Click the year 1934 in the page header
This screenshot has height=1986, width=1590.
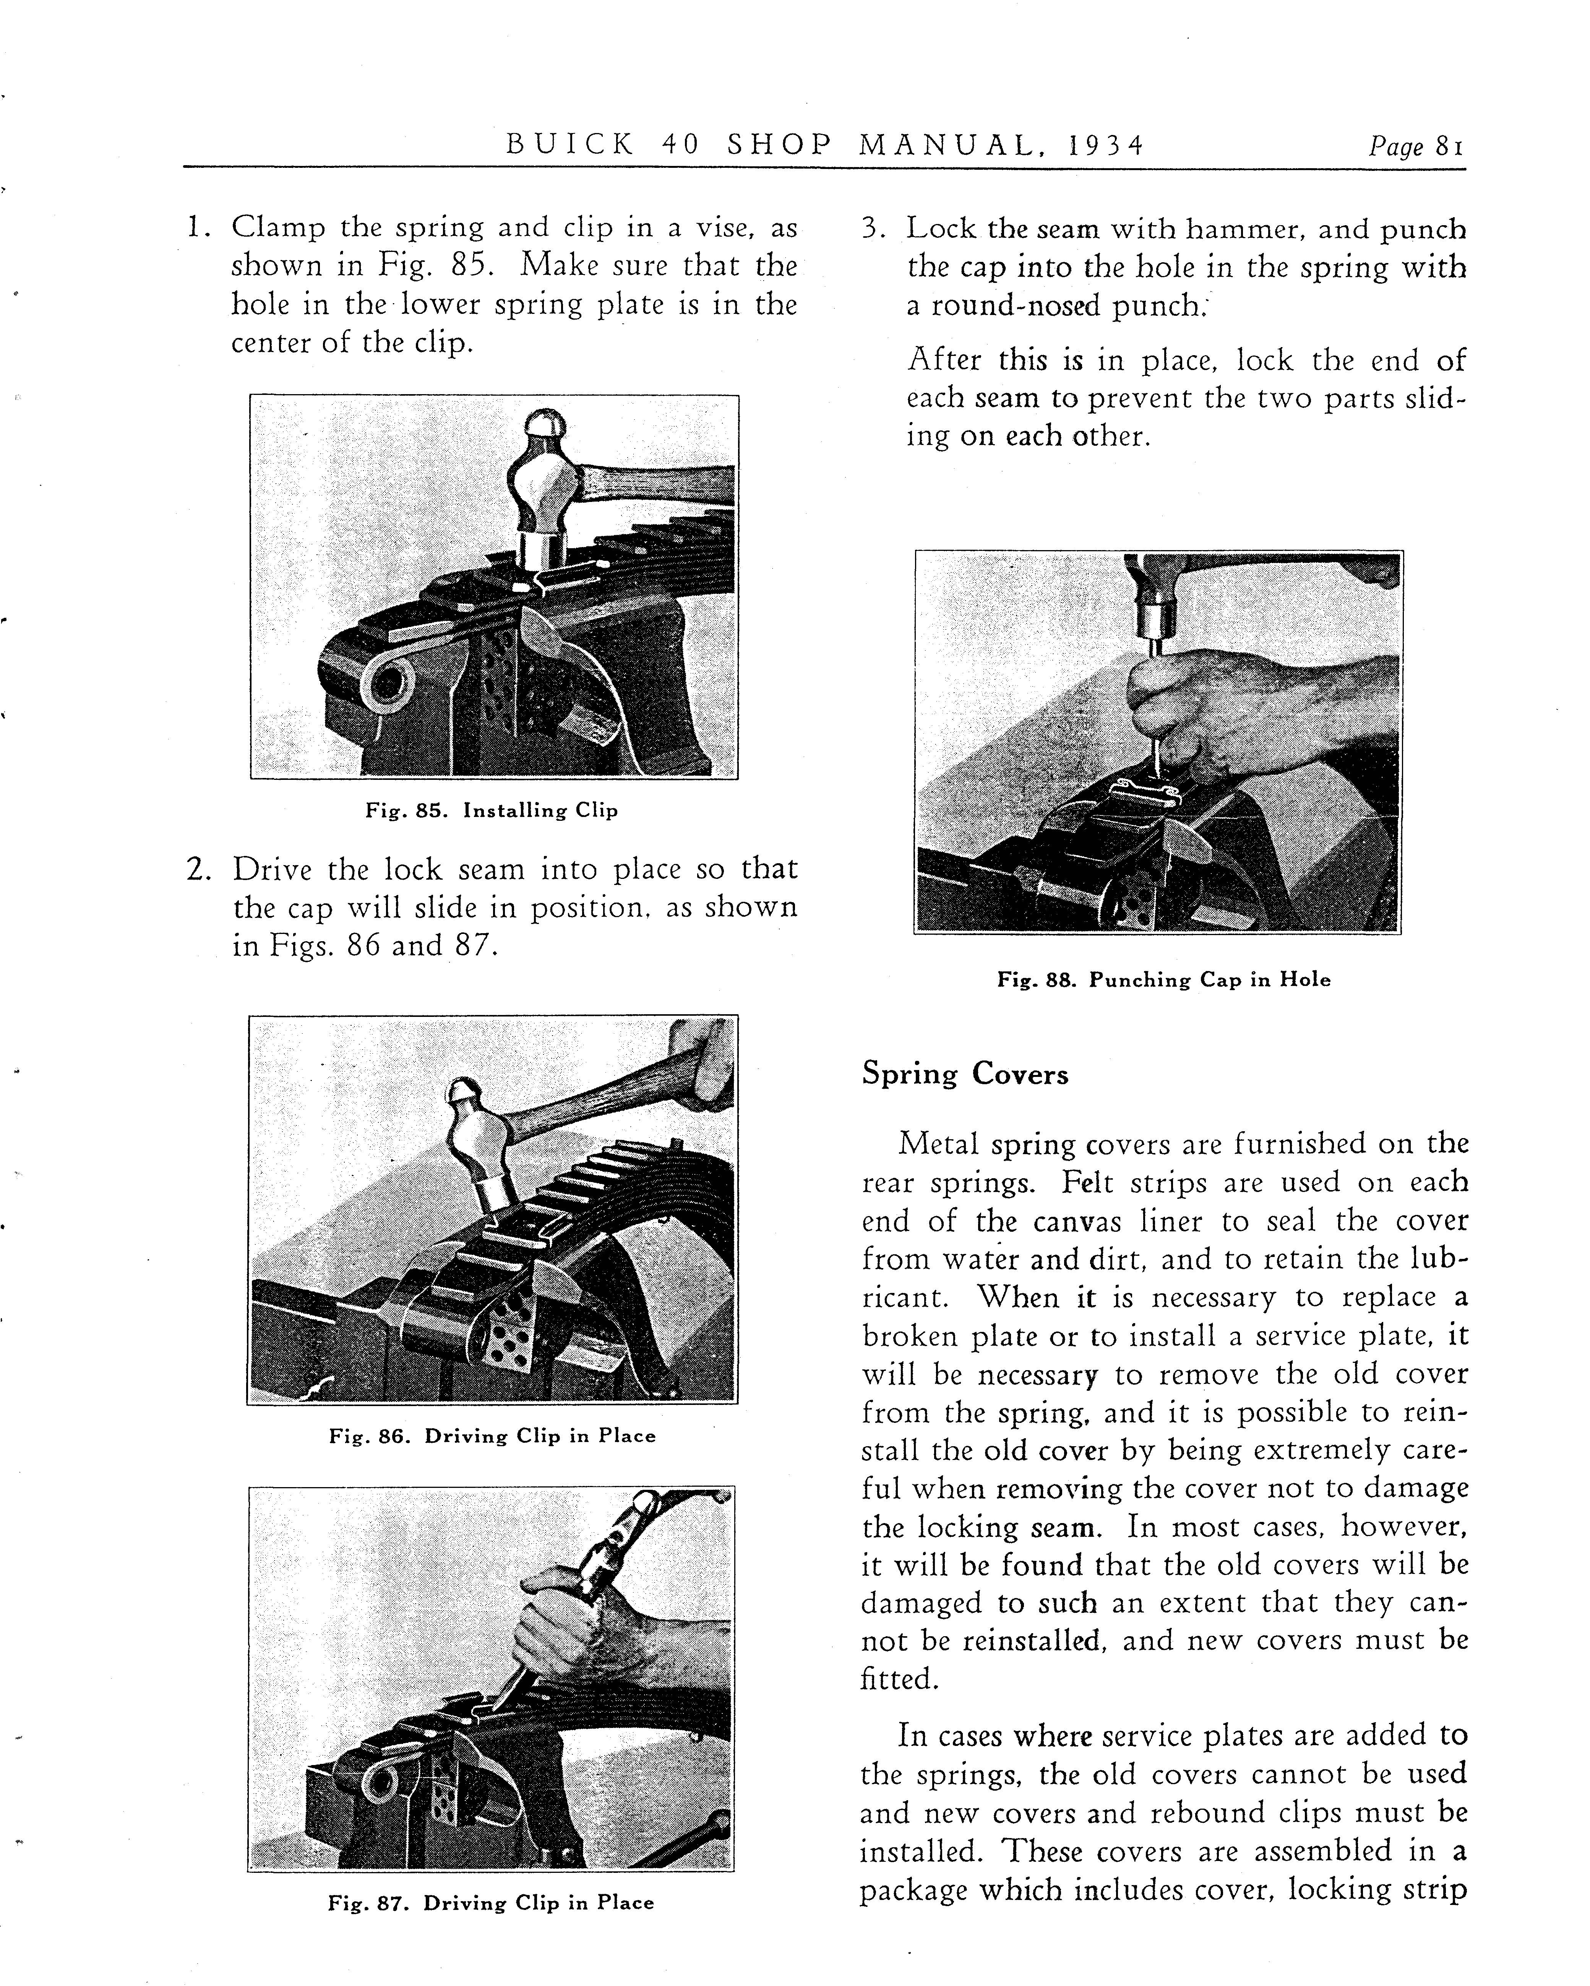1105,146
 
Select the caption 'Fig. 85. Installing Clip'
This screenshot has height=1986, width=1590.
491,810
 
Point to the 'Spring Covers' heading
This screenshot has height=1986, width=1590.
964,1075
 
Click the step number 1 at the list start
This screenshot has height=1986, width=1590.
195,227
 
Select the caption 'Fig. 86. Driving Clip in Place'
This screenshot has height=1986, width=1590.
492,1436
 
